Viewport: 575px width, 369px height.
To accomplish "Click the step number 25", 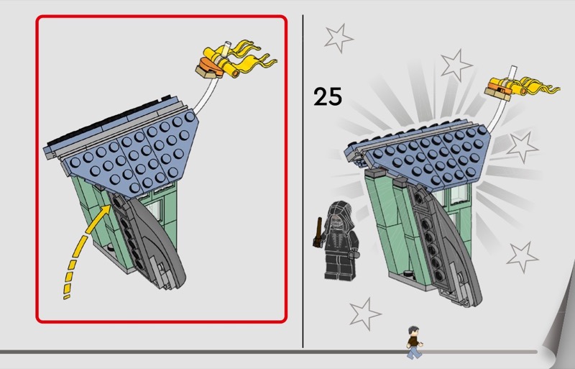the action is point(328,96).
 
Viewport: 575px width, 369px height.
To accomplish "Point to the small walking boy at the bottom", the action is point(414,342).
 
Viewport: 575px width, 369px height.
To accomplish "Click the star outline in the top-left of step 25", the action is point(338,38).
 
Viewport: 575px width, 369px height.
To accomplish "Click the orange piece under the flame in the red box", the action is point(211,65).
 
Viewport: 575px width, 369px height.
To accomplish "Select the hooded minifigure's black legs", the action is point(339,266).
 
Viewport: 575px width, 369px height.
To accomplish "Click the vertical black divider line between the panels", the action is point(303,181).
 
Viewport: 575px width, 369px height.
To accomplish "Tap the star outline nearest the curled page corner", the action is point(523,257).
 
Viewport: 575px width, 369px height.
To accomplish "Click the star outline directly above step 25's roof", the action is point(456,65).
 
